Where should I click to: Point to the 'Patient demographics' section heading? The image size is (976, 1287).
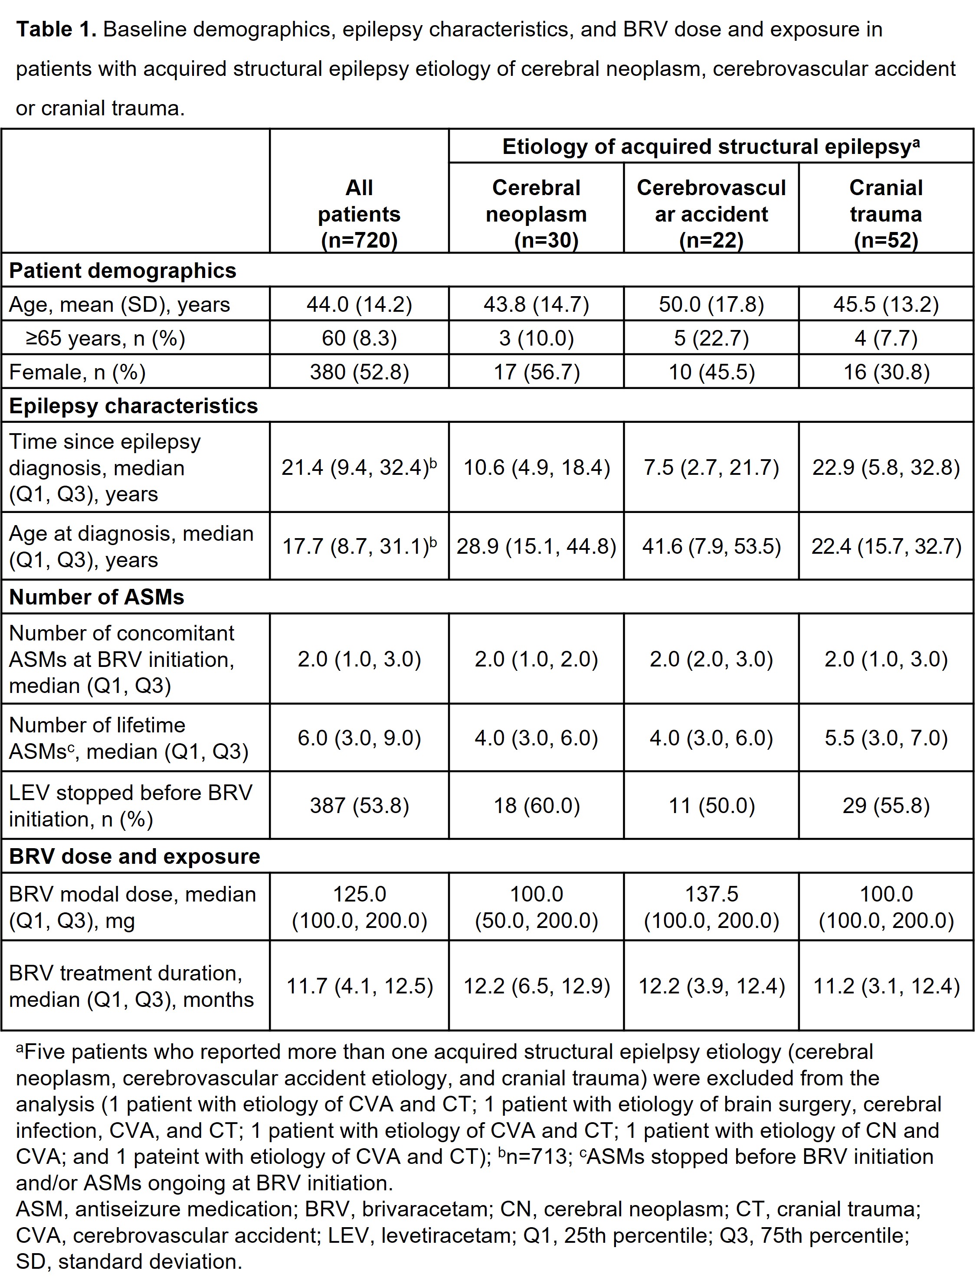[123, 271]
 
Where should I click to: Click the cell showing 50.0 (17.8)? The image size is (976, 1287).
[711, 304]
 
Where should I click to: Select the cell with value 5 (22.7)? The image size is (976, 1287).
[711, 338]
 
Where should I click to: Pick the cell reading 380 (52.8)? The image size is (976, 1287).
[359, 372]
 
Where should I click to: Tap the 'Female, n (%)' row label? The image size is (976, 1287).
[77, 372]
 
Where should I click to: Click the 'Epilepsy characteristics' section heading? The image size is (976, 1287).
[133, 405]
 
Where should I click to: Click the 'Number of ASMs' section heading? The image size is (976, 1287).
[97, 597]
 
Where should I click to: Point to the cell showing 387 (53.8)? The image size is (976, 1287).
[359, 805]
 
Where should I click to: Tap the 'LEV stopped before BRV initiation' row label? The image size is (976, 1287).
[131, 805]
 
